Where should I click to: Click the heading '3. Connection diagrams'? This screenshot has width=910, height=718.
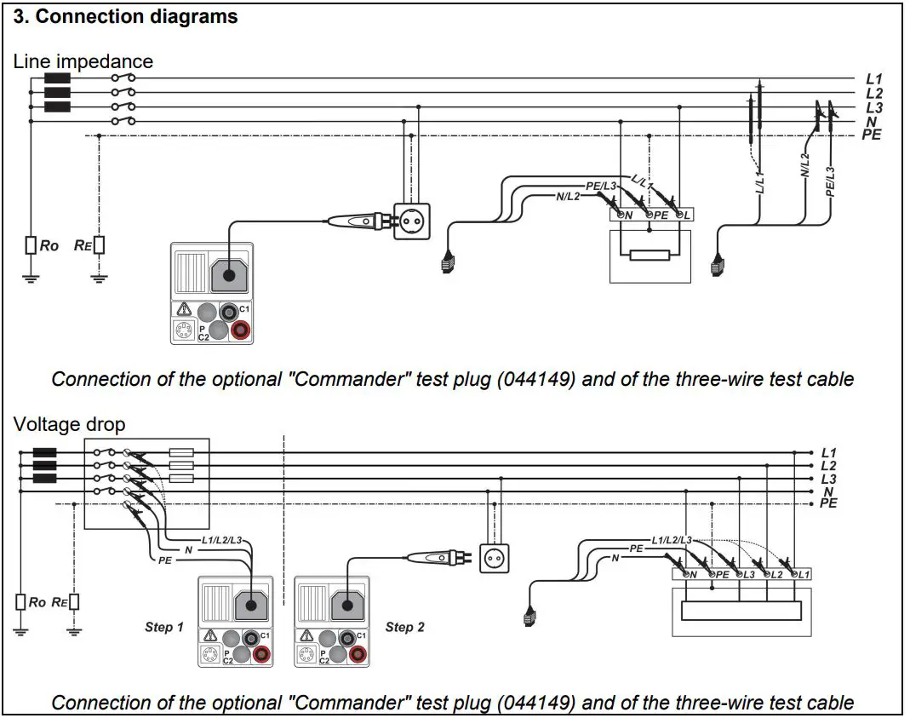[x=126, y=17]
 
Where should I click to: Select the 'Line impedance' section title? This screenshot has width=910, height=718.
[x=83, y=61]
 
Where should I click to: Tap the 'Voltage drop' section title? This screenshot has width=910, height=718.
[x=69, y=424]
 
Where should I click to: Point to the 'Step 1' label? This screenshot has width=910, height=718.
[x=164, y=627]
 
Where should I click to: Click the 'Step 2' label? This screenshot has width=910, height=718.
[x=404, y=627]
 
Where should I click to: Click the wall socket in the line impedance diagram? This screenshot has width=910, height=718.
[x=411, y=221]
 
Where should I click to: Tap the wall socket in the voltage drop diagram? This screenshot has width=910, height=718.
[x=495, y=558]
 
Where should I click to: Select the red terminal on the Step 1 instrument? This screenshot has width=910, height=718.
[x=261, y=654]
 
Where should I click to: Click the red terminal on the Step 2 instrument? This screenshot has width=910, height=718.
[x=357, y=654]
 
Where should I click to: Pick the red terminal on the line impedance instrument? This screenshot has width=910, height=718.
[x=241, y=330]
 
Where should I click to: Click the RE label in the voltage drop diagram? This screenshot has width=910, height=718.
[x=59, y=602]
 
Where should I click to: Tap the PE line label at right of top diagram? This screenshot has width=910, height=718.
[x=872, y=135]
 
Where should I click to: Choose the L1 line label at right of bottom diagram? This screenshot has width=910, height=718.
[x=828, y=452]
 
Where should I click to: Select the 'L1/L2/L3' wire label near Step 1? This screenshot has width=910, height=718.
[x=222, y=541]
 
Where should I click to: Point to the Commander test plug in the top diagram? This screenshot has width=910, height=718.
[x=354, y=221]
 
